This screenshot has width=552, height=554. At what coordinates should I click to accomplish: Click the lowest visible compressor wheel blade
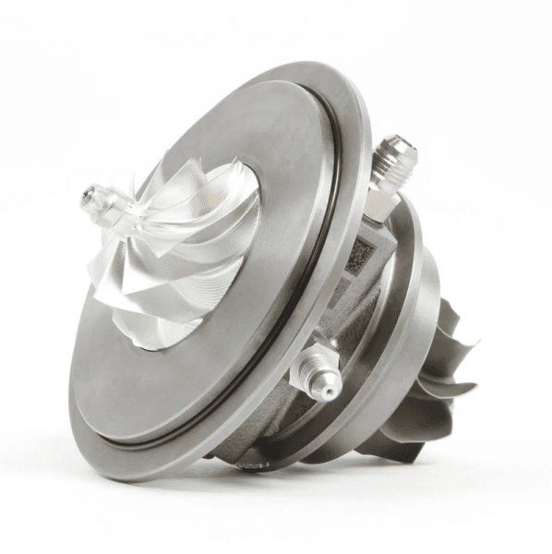coord(148,332)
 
